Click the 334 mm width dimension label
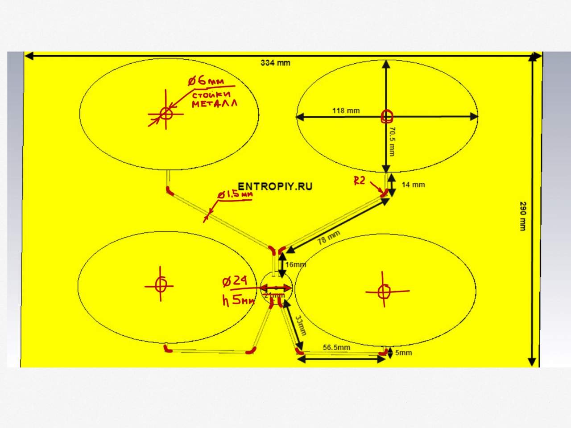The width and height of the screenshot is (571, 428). tap(275, 63)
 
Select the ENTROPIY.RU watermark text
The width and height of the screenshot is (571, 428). tap(275, 186)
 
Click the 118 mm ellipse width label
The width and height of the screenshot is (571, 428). tap(346, 111)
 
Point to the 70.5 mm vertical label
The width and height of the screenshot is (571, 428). tap(391, 141)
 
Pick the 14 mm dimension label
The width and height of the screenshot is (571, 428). tap(413, 185)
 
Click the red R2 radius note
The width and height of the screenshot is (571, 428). tap(360, 181)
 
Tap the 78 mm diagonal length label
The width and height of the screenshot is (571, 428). tap(329, 237)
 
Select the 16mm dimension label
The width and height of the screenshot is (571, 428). tap(295, 264)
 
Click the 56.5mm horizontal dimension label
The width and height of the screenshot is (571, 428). tap(336, 347)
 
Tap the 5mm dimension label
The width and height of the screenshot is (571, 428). tap(403, 353)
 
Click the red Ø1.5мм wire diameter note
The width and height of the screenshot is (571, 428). tap(235, 195)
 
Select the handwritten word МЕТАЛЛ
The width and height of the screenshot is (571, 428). tap(215, 104)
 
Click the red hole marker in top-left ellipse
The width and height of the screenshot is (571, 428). tap(166, 113)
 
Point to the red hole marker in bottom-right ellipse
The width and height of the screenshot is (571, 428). tap(383, 291)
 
